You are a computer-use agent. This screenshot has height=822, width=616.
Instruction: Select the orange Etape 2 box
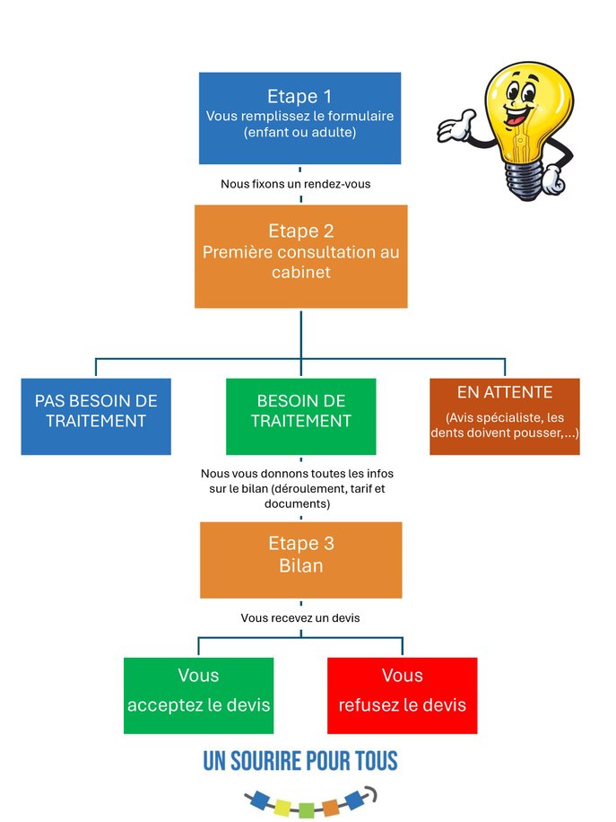coord(300,256)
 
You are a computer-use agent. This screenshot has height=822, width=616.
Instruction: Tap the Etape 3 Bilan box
coord(300,560)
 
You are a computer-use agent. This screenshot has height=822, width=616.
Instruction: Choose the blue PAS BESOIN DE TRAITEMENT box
coord(96,415)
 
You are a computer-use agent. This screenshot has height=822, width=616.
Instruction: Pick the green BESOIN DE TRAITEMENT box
coord(300,415)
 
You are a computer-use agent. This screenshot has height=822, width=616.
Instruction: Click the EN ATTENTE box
coord(504,415)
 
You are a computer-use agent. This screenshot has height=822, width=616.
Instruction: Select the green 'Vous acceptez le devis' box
coord(198,695)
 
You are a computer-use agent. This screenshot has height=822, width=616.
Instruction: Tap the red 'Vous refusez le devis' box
coord(402,695)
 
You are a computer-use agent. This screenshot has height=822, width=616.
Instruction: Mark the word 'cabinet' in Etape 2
coord(300,272)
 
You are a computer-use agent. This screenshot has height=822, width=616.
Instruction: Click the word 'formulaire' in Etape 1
coord(358,117)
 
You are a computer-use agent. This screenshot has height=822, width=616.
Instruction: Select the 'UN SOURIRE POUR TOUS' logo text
coord(299,762)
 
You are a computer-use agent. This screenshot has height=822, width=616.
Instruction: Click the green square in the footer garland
coord(307,809)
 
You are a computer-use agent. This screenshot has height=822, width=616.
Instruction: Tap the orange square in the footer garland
coord(331,807)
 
